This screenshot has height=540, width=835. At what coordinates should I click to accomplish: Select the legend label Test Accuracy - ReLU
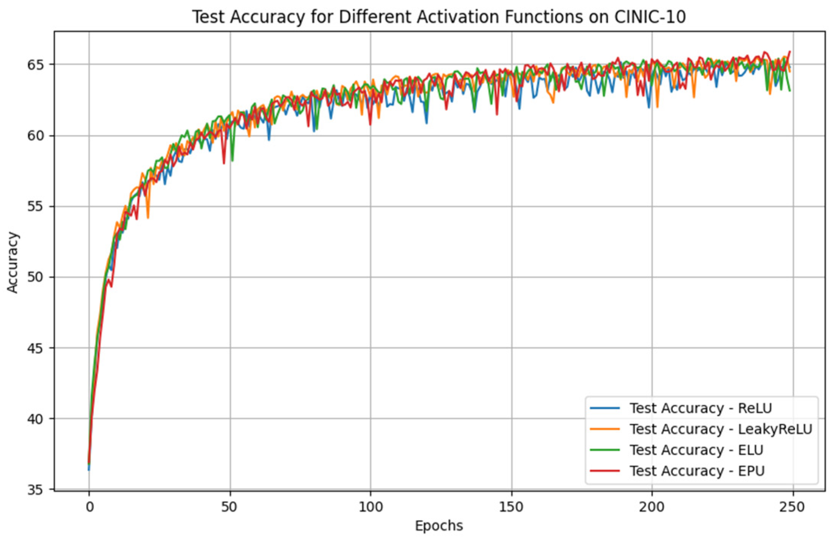coord(701,408)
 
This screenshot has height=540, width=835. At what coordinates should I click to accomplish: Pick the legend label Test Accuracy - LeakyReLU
coord(721,429)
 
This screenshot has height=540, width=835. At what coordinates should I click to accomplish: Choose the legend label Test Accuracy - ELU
coord(696,450)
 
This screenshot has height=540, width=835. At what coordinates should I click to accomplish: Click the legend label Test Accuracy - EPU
coord(697,471)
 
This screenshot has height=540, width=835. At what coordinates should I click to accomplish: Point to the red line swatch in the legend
coord(605,471)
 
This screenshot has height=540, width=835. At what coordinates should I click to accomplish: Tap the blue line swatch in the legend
coord(605,408)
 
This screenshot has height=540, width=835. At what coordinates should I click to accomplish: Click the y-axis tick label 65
coord(35,65)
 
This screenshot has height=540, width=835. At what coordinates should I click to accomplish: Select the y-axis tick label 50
coord(35,277)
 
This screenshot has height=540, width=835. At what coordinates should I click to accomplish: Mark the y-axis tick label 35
coord(35,490)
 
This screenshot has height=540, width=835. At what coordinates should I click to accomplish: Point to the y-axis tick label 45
coord(35,348)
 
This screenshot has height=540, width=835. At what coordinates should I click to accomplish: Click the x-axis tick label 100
coord(371,507)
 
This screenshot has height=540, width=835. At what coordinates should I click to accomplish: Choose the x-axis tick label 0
coord(89,507)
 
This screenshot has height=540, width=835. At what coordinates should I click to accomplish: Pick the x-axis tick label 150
coord(511,507)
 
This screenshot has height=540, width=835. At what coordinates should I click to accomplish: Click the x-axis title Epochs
coord(439,526)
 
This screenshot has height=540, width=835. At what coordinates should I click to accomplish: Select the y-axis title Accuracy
coord(13,262)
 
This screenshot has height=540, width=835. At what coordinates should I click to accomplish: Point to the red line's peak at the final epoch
coord(790,52)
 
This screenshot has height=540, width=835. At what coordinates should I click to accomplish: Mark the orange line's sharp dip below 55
coord(148,218)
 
